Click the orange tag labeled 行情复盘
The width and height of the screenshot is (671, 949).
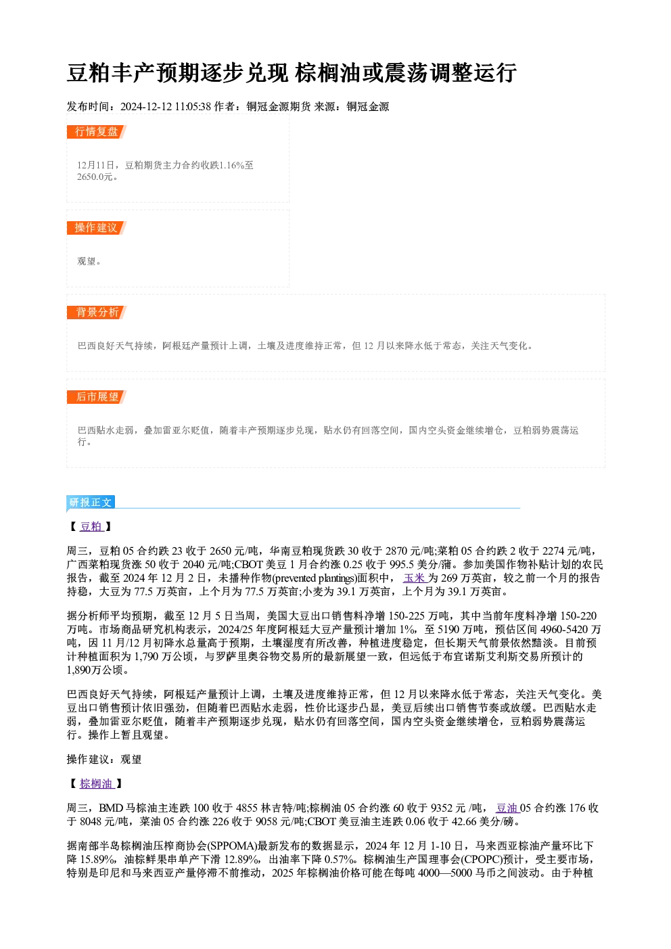click(97, 132)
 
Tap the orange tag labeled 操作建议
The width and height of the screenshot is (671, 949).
click(97, 228)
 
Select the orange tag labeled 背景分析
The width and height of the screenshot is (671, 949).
click(97, 313)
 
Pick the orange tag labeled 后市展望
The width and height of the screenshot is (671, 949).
click(97, 397)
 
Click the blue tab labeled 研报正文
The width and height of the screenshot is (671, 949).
click(91, 503)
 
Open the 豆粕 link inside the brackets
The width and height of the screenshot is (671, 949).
click(91, 527)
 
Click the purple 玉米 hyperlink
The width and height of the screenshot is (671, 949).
click(415, 578)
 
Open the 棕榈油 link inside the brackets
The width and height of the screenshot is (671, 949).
click(97, 784)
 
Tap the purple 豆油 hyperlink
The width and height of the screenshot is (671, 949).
click(507, 808)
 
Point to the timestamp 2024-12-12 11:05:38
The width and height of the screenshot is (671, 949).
click(166, 106)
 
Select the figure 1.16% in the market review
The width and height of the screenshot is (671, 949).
click(232, 165)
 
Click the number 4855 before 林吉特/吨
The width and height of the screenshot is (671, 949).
click(247, 808)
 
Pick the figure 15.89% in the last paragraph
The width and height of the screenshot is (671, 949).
click(98, 860)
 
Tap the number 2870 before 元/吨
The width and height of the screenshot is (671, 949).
click(396, 551)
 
